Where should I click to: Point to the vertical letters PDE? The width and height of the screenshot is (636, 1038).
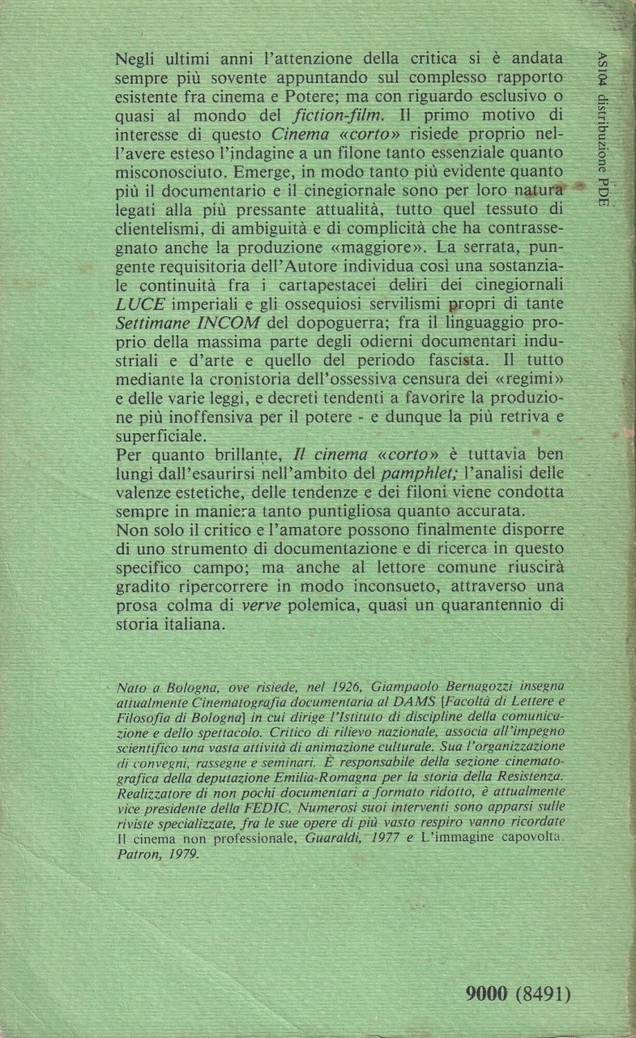[x=600, y=191]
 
